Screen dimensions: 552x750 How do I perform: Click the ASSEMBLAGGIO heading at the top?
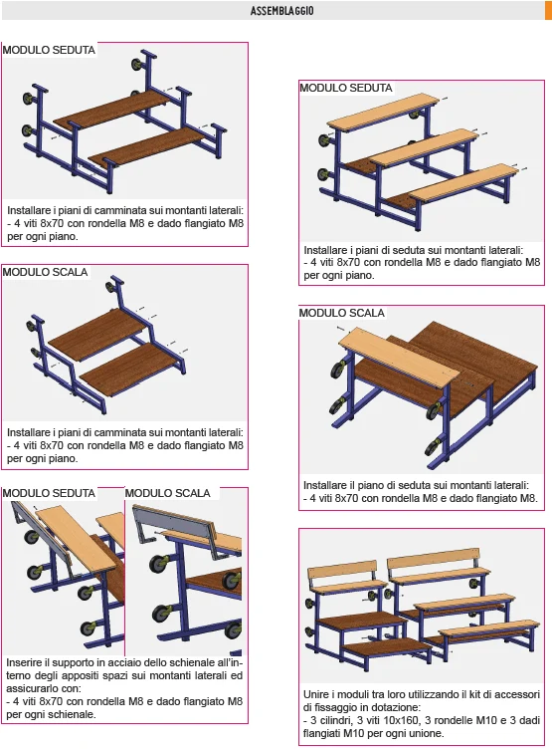coord(281,11)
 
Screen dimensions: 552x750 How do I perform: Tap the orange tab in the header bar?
coord(548,10)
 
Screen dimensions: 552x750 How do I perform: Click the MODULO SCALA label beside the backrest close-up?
coord(168,493)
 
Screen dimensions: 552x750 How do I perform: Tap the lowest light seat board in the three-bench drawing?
coord(463,181)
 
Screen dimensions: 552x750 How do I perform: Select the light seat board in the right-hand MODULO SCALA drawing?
coord(399,355)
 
